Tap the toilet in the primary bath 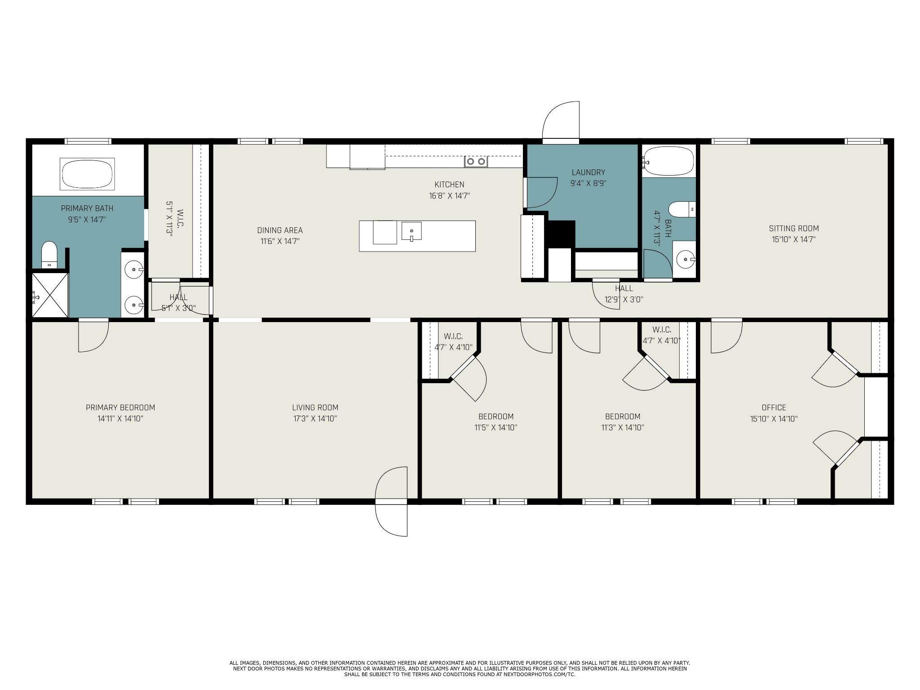coord(49,255)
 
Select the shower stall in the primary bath coord(49,295)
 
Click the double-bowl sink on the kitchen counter coord(476,161)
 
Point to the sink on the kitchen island coord(411,231)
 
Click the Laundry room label coord(588,172)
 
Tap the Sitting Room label coord(794,229)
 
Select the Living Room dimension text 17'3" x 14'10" coord(315,419)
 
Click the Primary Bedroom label coord(120,408)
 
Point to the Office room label coord(774,408)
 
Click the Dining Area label coord(280,230)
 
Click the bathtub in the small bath coord(668,161)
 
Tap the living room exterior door coord(391,501)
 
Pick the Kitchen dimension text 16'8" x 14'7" coord(449,196)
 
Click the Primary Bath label coord(87,208)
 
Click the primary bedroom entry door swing coord(93,335)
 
